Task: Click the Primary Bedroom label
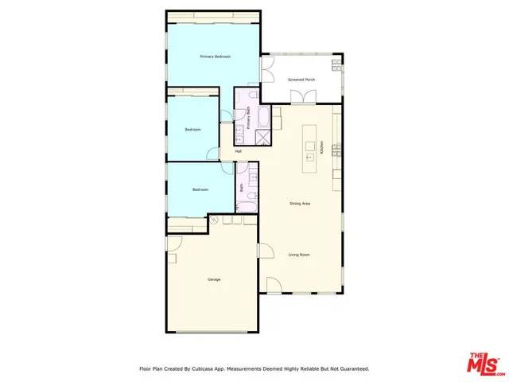click(216, 57)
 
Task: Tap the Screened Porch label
click(301, 80)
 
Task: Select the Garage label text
click(214, 279)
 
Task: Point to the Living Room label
click(298, 255)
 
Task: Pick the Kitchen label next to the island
click(322, 147)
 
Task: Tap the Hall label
click(238, 151)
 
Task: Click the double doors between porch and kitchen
click(301, 98)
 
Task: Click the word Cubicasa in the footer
click(203, 368)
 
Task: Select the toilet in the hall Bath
click(253, 194)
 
